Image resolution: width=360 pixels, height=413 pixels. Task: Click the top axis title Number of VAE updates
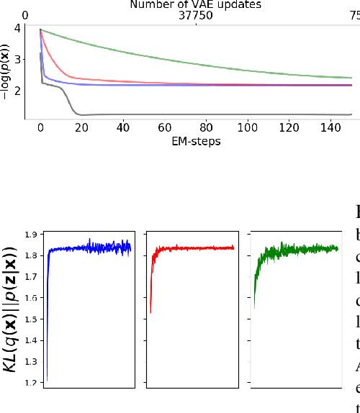(x=195, y=4)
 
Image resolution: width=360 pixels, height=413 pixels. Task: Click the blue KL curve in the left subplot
(x=86, y=248)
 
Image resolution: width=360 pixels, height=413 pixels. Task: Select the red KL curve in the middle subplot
(x=194, y=248)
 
